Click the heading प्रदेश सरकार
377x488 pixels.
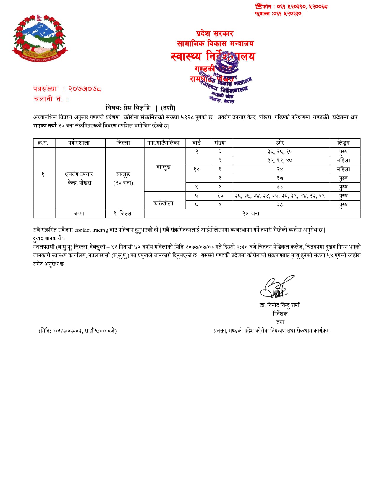pyautogui.click(x=215, y=34)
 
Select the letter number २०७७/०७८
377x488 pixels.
pyautogui.click(x=85, y=89)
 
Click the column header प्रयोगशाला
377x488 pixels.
pyautogui.click(x=79, y=143)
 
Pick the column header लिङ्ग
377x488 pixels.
pyautogui.click(x=343, y=143)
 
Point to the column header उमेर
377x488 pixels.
pyautogui.click(x=280, y=143)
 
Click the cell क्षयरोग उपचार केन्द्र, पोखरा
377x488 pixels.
pyautogui.click(x=79, y=178)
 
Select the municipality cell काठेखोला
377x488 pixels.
pyautogui.click(x=164, y=203)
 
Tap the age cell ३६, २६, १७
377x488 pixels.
pyautogui.click(x=280, y=152)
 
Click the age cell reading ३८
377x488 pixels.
pyautogui.click(x=280, y=205)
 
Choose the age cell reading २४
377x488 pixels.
pyautogui.click(x=280, y=169)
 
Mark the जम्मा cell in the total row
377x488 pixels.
pyautogui.click(x=79, y=214)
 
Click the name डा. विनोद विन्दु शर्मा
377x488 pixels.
pyautogui.click(x=280, y=305)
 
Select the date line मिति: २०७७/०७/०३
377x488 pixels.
pyautogui.click(x=77, y=331)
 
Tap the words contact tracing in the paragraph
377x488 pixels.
pyautogui.click(x=91, y=230)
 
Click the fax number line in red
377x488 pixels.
pyautogui.click(x=278, y=14)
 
